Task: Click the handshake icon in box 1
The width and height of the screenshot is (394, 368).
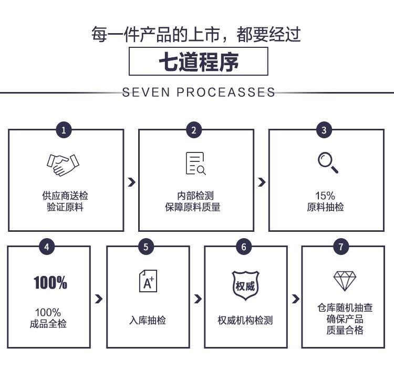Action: [63, 165]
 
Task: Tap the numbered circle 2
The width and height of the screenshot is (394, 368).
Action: [194, 130]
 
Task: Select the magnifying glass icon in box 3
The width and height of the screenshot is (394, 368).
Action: [328, 163]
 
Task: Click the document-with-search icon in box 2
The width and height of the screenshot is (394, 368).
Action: [195, 163]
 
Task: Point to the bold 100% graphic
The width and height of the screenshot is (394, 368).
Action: [50, 282]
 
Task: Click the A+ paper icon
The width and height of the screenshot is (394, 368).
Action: [148, 281]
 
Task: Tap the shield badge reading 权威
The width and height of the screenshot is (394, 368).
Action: [245, 285]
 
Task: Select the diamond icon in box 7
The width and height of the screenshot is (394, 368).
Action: [345, 281]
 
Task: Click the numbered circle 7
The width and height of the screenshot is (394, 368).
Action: [341, 247]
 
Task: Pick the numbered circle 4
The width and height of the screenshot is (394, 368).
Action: [47, 247]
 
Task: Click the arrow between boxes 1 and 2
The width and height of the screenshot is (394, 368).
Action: [131, 182]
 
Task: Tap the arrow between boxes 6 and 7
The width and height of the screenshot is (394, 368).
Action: [295, 299]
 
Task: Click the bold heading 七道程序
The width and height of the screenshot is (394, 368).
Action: [199, 62]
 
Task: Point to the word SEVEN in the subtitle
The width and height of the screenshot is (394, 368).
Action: [146, 92]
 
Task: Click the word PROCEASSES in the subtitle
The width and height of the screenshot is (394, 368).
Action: [226, 92]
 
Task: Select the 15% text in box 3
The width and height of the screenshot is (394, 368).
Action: [325, 196]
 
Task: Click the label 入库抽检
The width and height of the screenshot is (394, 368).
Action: [148, 320]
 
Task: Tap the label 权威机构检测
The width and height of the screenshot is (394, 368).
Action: [245, 320]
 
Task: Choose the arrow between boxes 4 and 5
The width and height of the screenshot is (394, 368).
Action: [99, 299]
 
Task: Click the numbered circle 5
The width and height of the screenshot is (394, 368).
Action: [146, 247]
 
